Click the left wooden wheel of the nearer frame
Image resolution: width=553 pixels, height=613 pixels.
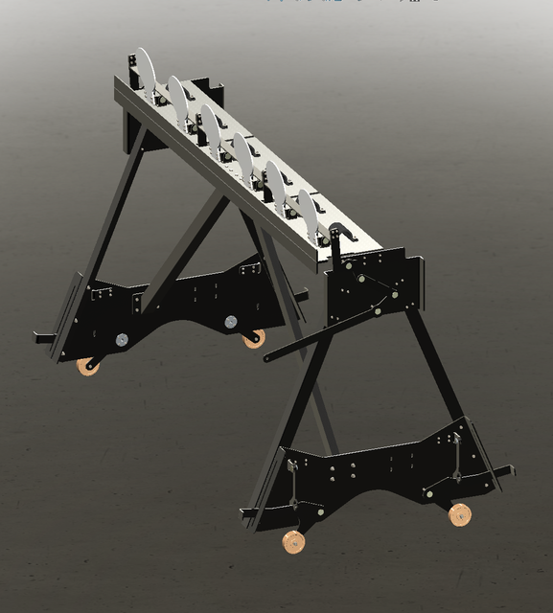point(293,543)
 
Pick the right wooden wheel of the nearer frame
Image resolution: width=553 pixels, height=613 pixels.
point(460,514)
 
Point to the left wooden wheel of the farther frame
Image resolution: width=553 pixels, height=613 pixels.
point(89,365)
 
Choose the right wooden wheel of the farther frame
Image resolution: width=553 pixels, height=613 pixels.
point(254,338)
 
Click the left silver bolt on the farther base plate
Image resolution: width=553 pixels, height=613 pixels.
point(122,338)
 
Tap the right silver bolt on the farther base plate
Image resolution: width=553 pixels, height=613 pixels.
point(231,322)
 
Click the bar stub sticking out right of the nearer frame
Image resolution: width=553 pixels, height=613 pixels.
point(503,471)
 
